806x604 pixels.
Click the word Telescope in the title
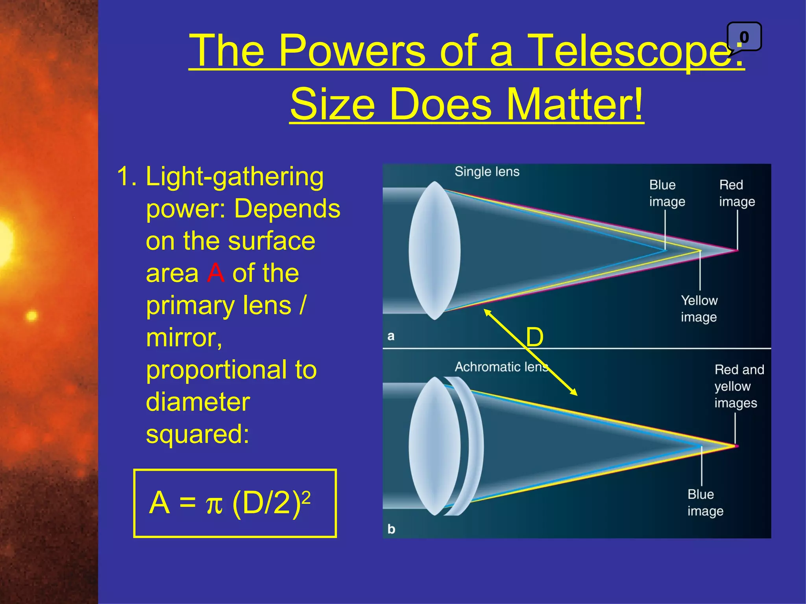click(x=630, y=51)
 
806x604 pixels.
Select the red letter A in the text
click(x=216, y=273)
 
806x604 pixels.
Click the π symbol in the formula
click(x=214, y=504)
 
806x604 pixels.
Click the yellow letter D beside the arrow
click(x=534, y=337)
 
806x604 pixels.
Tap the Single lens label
click(x=487, y=171)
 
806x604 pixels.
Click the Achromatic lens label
click(x=501, y=366)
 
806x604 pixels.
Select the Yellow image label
click(x=699, y=309)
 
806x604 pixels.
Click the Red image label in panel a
click(x=737, y=193)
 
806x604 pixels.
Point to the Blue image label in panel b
click(x=705, y=503)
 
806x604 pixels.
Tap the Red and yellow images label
click(x=739, y=386)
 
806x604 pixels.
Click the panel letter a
click(x=390, y=336)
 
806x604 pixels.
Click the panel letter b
click(x=391, y=529)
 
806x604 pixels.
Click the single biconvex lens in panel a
click(x=434, y=250)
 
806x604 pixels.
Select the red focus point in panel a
click(x=737, y=250)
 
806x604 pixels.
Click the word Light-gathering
click(x=235, y=176)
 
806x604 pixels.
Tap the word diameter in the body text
click(x=198, y=402)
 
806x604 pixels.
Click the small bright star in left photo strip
click(x=31, y=315)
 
